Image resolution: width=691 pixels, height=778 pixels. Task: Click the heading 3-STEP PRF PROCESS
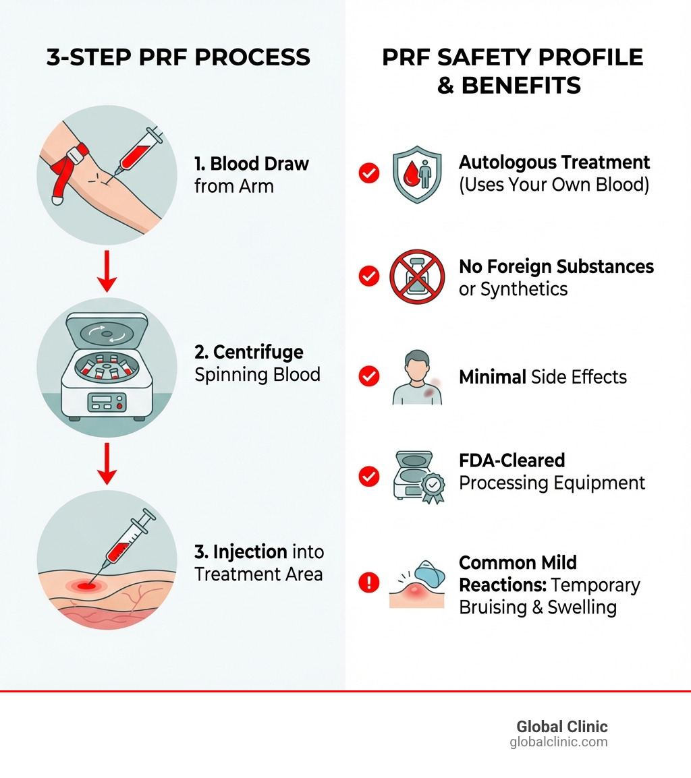178,58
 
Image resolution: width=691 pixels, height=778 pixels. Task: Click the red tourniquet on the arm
71,162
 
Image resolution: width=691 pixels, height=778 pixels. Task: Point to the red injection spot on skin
84,587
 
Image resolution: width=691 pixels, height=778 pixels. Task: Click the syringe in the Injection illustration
128,539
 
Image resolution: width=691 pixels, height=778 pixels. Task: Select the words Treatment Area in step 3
258,574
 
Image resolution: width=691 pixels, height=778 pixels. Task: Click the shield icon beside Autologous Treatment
416,173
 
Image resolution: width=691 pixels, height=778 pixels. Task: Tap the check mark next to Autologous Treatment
368,173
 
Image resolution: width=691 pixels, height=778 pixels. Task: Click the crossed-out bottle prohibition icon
417,276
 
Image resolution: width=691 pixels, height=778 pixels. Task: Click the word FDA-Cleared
512,460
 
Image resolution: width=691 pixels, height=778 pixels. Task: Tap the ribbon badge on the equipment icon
432,487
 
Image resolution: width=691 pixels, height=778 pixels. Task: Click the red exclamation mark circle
368,582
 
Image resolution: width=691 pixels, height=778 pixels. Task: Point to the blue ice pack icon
429,575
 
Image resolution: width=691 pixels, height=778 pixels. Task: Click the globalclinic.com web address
558,742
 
